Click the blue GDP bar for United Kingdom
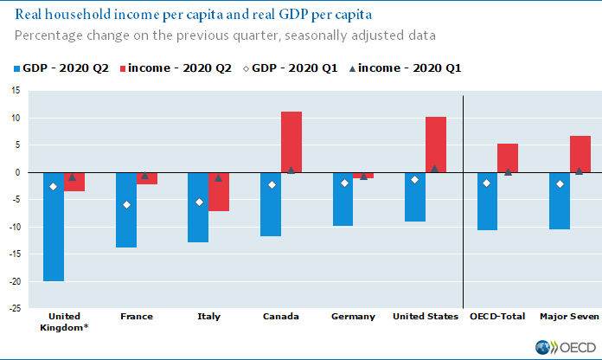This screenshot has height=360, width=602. point(54,227)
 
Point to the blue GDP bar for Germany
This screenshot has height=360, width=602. point(343,199)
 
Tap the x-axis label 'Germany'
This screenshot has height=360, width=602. point(353,317)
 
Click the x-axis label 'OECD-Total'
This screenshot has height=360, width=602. point(496,317)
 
